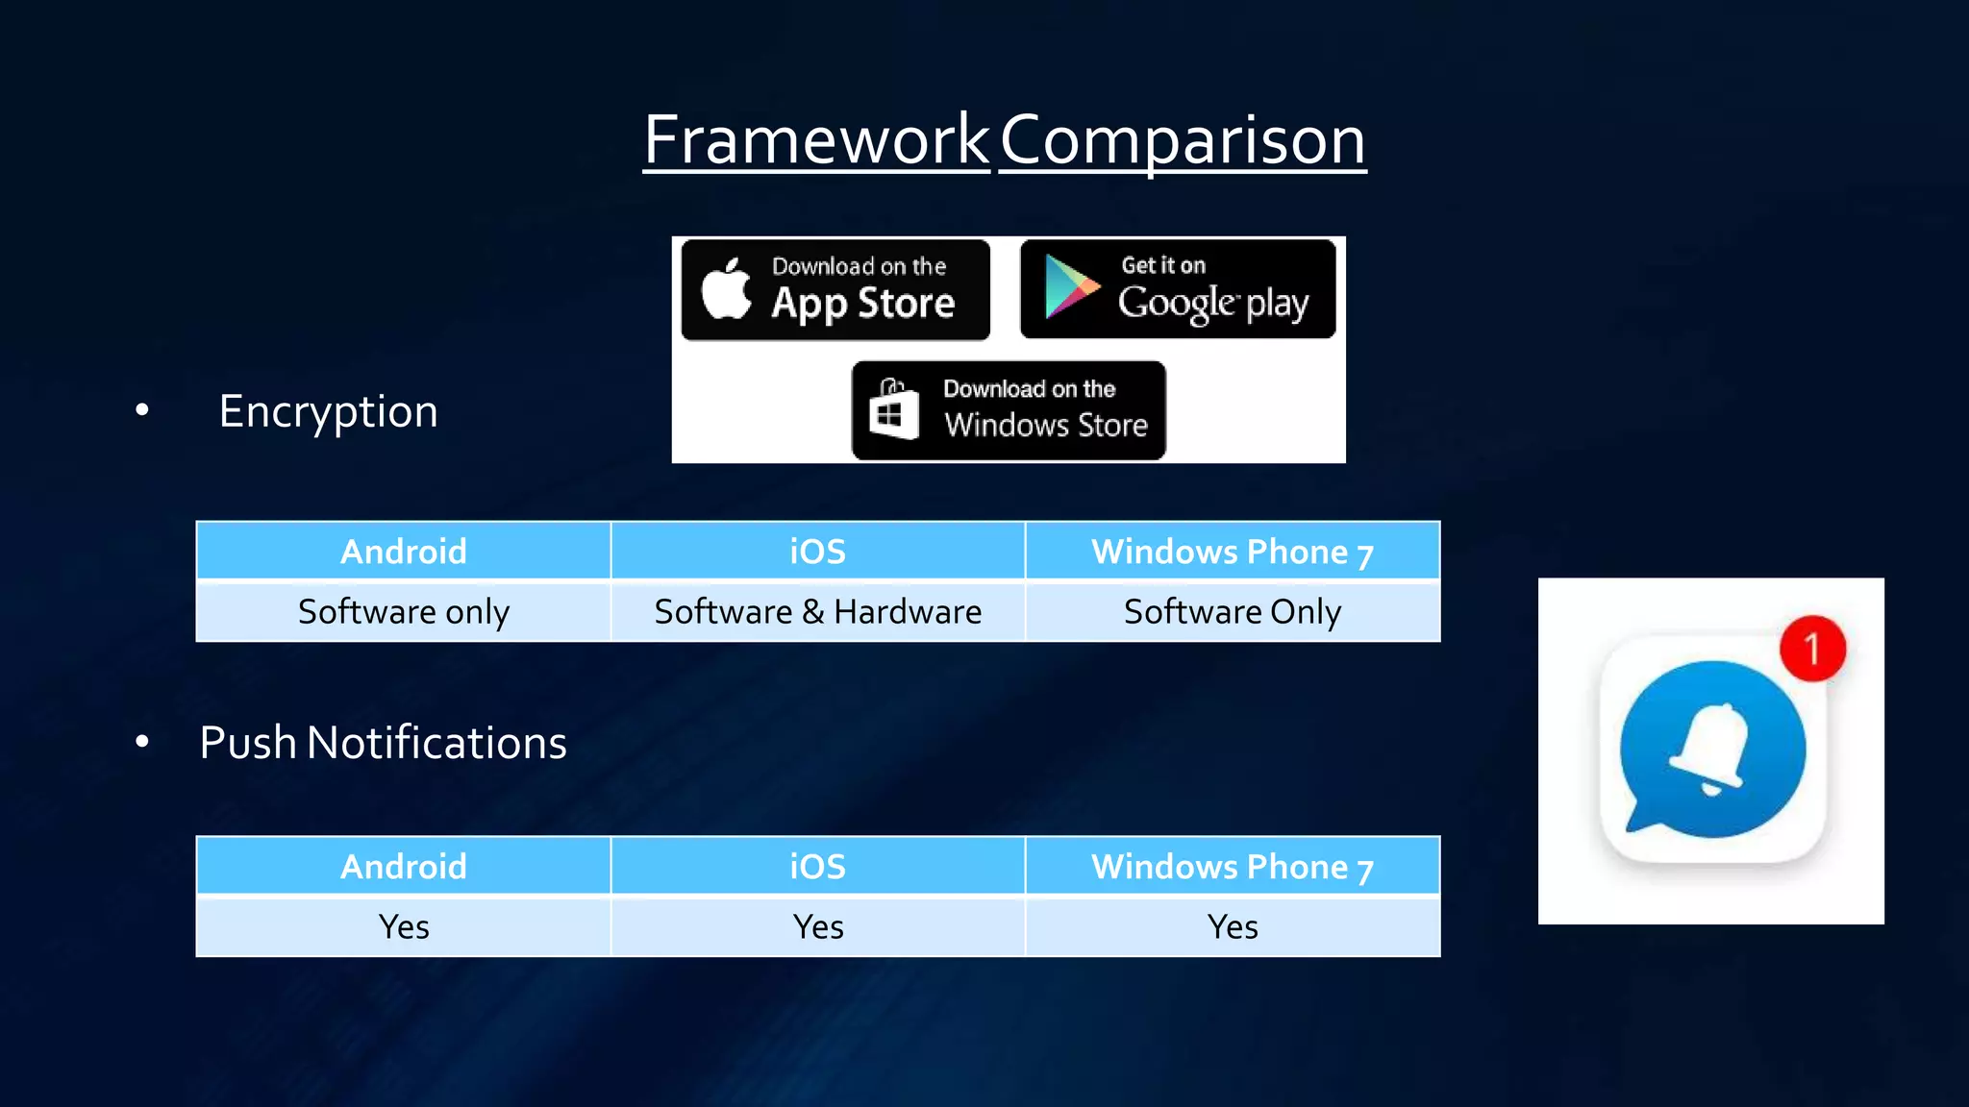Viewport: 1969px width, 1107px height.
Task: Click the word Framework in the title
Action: (816, 140)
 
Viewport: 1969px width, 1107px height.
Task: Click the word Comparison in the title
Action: (1183, 140)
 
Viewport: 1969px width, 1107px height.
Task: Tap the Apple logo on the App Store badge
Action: (727, 289)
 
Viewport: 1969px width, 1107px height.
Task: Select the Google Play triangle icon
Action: (1070, 286)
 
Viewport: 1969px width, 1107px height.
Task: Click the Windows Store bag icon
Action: (893, 410)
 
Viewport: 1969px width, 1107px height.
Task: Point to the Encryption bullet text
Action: (328, 411)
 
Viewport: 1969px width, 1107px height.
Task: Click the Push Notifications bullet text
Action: (383, 743)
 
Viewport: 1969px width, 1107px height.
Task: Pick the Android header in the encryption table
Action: (404, 552)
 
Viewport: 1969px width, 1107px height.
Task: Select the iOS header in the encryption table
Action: (817, 552)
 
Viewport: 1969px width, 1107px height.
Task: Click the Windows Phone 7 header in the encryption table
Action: (1232, 552)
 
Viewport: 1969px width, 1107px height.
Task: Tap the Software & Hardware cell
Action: (817, 612)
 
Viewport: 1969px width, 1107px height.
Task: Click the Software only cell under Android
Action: (404, 612)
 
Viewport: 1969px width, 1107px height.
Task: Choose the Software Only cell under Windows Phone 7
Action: (1232, 612)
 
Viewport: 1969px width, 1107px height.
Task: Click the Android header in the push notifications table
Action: (404, 867)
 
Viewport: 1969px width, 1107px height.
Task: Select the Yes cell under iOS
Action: (817, 927)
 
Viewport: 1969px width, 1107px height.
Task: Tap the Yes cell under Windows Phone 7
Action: (1232, 927)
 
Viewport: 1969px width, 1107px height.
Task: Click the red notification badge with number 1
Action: (1812, 649)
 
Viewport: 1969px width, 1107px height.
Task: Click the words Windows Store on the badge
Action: (1046, 425)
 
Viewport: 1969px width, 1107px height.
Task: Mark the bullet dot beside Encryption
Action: (142, 410)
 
